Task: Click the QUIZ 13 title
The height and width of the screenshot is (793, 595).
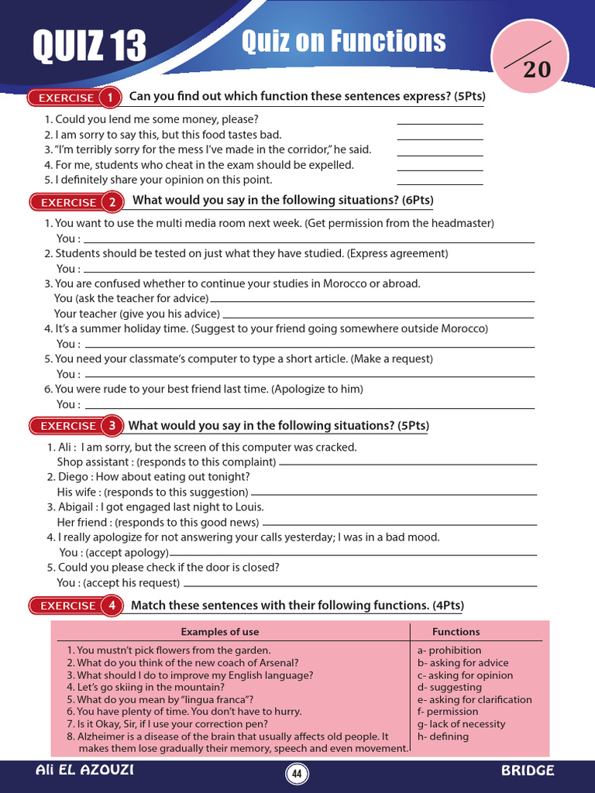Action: [x=89, y=46]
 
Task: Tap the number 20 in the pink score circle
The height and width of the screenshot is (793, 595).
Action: [x=537, y=70]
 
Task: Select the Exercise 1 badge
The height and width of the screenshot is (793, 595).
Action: [x=75, y=98]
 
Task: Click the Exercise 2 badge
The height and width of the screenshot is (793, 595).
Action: [x=77, y=202]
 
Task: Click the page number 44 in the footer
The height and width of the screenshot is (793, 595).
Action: [x=297, y=774]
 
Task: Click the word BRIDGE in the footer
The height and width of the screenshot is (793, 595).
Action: [x=528, y=771]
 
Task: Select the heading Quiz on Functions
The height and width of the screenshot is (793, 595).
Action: [x=343, y=41]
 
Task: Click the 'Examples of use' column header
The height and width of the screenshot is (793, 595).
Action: [x=220, y=632]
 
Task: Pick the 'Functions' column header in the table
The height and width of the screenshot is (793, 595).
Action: [x=456, y=632]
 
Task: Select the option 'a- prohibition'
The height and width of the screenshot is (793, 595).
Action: [x=449, y=651]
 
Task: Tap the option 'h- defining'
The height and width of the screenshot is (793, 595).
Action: [x=443, y=736]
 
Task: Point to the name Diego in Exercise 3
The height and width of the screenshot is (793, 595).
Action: [x=73, y=477]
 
